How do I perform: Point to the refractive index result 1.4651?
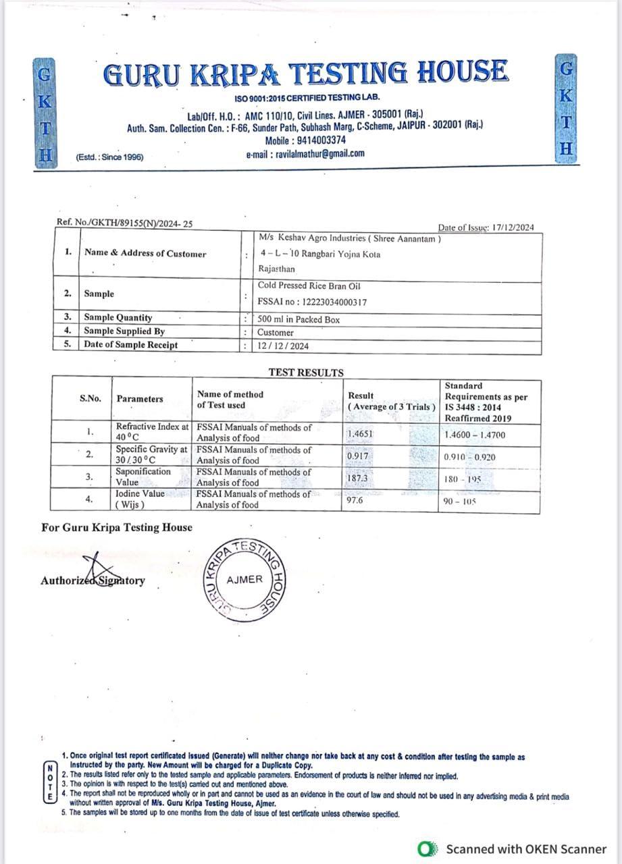coord(360,434)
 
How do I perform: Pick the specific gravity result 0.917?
coord(358,456)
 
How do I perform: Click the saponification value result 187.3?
coord(359,478)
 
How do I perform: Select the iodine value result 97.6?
coord(356,500)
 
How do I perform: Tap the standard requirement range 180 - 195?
coord(461,479)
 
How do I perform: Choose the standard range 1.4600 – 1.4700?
coord(474,435)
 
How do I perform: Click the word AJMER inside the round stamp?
coord(244,579)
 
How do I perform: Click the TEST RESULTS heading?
coord(306,373)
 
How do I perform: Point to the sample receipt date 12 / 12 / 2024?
coord(282,346)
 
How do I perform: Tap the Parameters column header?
coord(140,399)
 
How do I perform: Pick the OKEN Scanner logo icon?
coord(426,848)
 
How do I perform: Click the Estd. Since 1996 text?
coord(109,157)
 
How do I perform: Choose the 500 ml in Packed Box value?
coord(299,320)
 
